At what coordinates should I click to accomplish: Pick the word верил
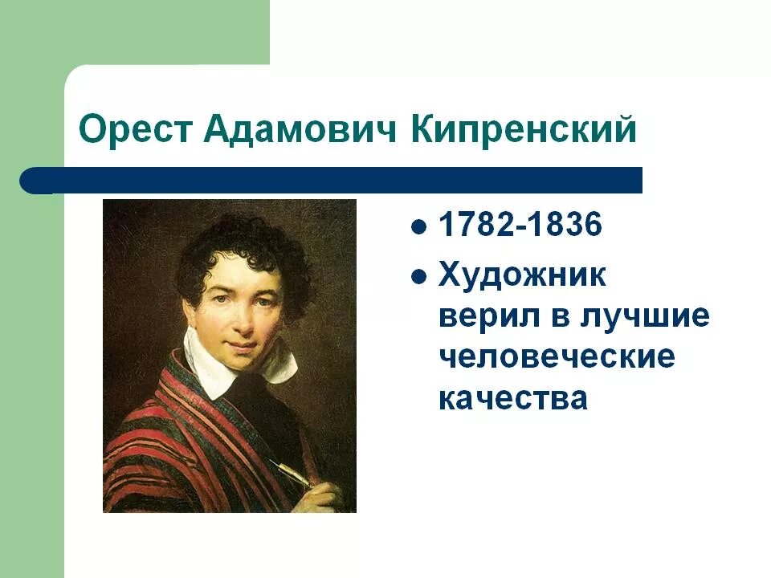tap(487, 316)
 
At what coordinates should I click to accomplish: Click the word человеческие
tap(557, 357)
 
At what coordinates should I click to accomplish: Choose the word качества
tap(513, 398)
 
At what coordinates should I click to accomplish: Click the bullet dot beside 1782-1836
tap(418, 227)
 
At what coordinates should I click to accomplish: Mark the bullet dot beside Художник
tap(418, 277)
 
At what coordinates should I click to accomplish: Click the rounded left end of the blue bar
tap(32, 181)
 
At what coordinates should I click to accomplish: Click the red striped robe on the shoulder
tap(153, 433)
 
